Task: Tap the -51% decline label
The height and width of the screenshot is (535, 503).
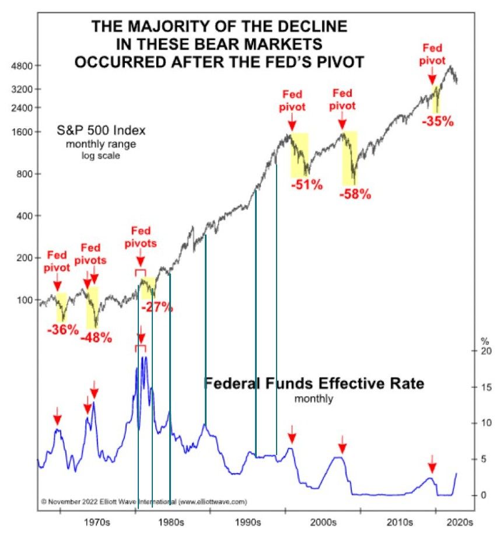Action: point(306,185)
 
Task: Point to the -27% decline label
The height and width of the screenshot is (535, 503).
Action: point(157,306)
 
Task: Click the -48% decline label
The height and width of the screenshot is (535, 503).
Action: point(96,338)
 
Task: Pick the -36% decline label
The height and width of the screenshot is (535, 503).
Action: point(62,329)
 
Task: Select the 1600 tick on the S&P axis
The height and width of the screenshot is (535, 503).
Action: point(22,132)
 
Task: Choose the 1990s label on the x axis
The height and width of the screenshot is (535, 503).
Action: point(249,520)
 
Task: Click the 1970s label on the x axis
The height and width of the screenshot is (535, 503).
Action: point(96,520)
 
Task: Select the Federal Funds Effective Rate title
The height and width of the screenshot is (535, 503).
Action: point(314,384)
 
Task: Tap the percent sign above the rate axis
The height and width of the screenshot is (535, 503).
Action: point(483,340)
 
